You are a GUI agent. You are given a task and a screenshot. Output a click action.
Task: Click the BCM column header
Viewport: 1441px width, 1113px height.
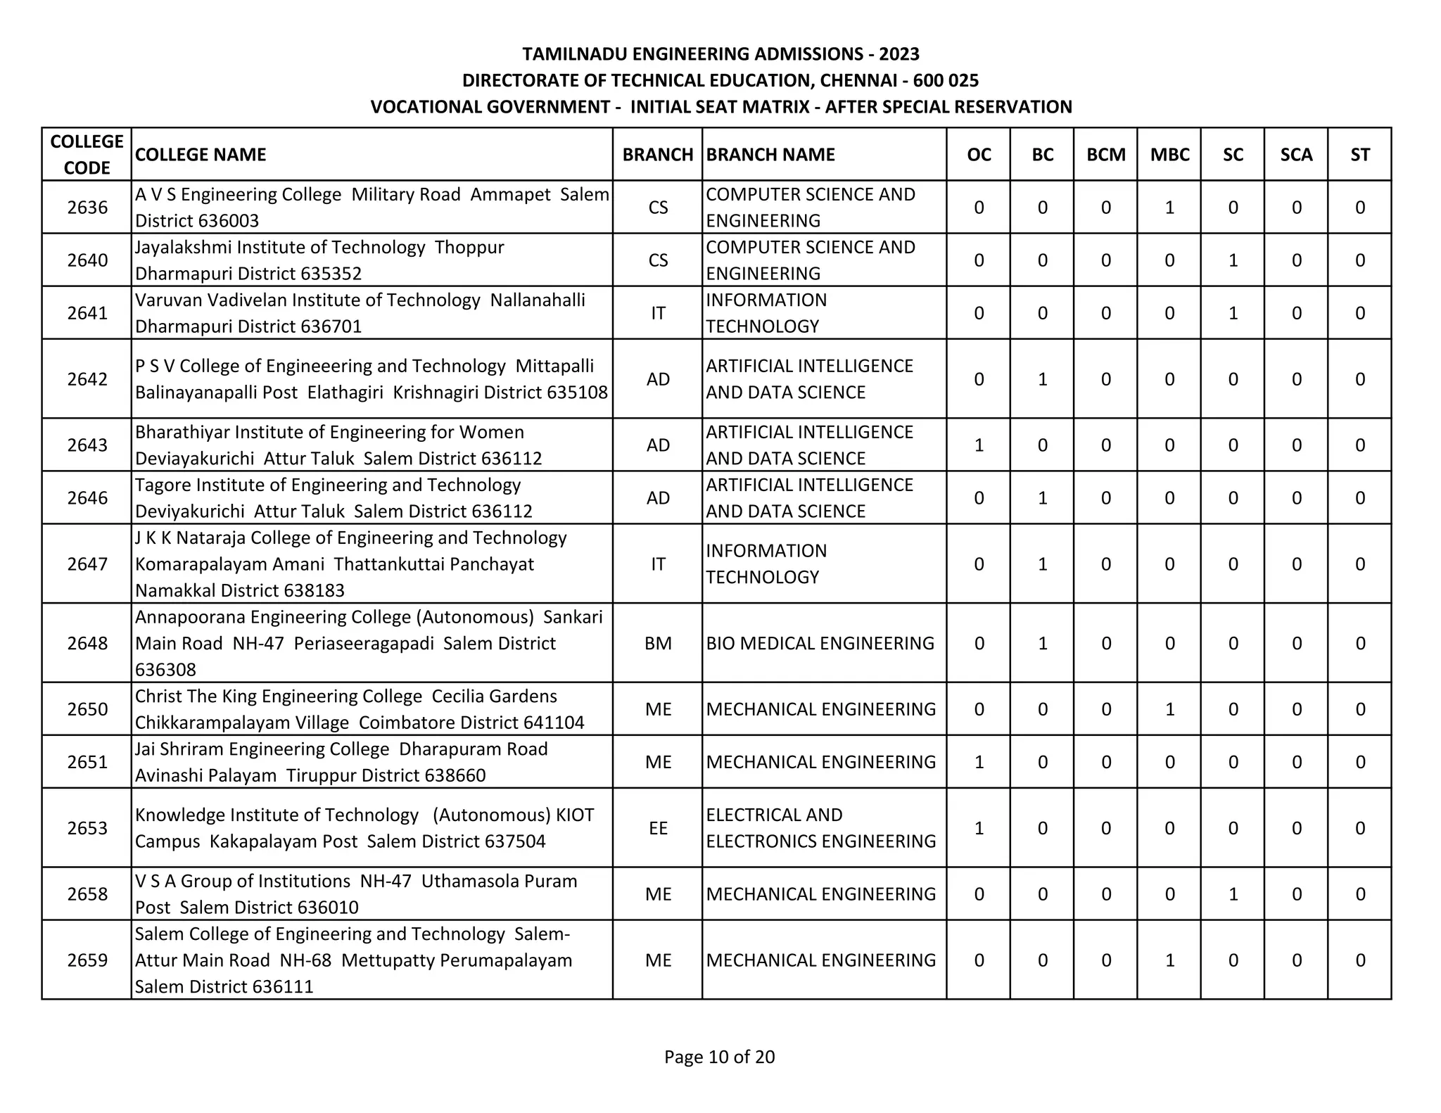[x=1105, y=155]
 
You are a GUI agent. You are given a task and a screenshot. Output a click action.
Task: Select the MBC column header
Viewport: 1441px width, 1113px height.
[x=1169, y=155]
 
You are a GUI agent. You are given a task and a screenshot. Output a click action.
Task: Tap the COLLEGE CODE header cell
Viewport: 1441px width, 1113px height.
[x=87, y=155]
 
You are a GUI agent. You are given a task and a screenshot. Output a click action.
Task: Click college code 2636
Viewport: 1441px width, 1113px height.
[x=87, y=208]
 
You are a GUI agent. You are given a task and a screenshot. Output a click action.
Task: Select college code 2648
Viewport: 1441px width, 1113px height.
[x=87, y=643]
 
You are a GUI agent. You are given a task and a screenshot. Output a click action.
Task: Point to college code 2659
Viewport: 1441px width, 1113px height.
[x=87, y=960]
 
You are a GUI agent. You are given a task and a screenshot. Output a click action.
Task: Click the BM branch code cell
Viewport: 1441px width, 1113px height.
[x=658, y=643]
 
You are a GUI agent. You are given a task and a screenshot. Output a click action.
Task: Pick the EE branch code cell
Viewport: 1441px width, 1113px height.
[x=658, y=828]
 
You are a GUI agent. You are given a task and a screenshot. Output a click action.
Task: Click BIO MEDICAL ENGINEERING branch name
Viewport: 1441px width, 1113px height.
[x=820, y=643]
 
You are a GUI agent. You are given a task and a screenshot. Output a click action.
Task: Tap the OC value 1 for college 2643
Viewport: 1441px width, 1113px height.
[x=979, y=445]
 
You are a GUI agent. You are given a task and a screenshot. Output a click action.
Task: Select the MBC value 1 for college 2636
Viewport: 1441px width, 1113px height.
[x=1169, y=208]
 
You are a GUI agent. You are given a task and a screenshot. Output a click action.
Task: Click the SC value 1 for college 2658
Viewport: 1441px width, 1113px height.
[x=1233, y=894]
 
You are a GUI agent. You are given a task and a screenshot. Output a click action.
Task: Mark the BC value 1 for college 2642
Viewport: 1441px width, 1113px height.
[x=1042, y=379]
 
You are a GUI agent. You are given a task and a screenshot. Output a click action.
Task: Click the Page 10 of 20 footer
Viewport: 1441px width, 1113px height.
[x=719, y=1057]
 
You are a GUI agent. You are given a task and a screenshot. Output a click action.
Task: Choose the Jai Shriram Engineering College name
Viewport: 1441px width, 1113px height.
[x=262, y=749]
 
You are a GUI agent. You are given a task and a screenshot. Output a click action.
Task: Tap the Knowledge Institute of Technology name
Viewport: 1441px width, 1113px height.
[x=277, y=815]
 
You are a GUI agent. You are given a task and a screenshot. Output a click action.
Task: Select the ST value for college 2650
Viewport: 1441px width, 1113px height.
[x=1359, y=709]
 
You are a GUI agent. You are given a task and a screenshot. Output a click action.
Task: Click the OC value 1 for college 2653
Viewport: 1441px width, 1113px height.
[x=979, y=828]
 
